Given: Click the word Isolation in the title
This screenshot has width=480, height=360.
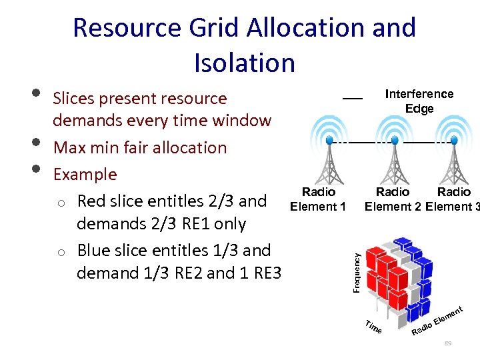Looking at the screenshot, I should pyautogui.click(x=244, y=63).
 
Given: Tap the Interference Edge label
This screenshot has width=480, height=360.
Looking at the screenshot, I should pyautogui.click(x=419, y=101).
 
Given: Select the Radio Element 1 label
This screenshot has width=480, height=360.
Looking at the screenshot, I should pyautogui.click(x=318, y=199).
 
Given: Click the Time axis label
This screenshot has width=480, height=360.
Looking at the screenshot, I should pyautogui.click(x=374, y=326).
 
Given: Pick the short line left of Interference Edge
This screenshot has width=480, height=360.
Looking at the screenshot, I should pyautogui.click(x=352, y=99).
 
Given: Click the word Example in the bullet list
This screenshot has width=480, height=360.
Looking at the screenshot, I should pyautogui.click(x=85, y=175).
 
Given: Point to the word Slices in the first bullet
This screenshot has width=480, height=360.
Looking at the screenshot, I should pyautogui.click(x=73, y=99).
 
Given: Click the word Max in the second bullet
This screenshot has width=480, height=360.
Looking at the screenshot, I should pyautogui.click(x=68, y=147).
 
